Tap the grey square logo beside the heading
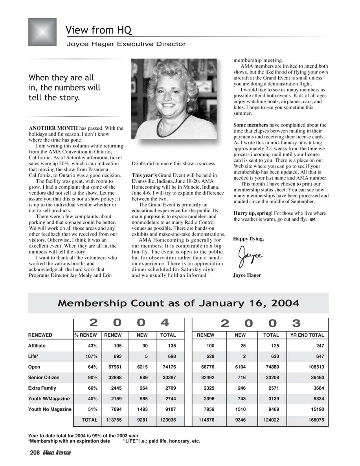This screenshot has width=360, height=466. click(42, 32)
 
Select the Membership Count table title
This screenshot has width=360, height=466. click(178, 303)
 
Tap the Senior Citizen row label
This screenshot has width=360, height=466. click(44, 378)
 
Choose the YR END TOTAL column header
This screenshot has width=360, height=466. click(307, 335)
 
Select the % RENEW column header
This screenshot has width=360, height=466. click(86, 335)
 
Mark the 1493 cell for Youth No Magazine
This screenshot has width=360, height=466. click(142, 409)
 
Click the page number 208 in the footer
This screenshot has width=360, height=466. click(35, 453)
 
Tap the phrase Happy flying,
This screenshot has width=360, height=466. click(248, 239)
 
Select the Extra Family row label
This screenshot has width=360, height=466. click(42, 388)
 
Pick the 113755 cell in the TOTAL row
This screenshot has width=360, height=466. click(114, 420)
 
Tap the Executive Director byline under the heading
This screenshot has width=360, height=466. click(126, 44)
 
